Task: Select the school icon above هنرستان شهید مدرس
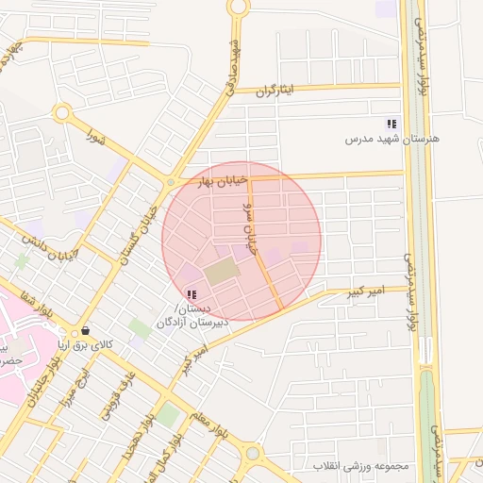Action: pos(391,124)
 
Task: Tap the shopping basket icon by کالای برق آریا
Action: pos(86,331)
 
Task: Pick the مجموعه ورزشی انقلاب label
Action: pos(362,466)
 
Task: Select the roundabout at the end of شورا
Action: pos(62,114)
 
